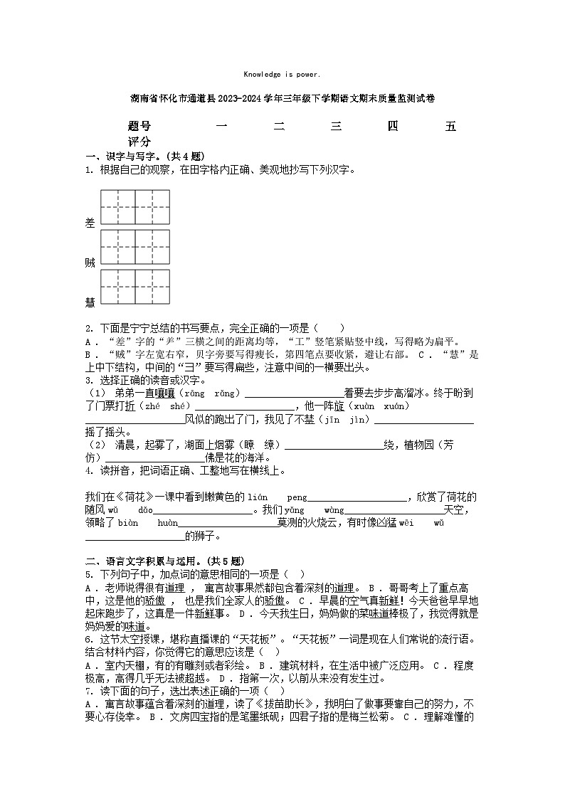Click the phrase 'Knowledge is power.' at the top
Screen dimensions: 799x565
click(x=282, y=74)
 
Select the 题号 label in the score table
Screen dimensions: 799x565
click(x=139, y=127)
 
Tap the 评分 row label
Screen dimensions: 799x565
click(x=139, y=142)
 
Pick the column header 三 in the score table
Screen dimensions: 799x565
click(x=337, y=127)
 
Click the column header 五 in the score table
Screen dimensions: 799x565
click(x=450, y=127)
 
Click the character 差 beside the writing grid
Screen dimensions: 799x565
click(x=90, y=223)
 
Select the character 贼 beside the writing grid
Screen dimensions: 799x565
click(x=90, y=263)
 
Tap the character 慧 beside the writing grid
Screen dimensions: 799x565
click(x=90, y=302)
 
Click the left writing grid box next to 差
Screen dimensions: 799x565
click(x=118, y=207)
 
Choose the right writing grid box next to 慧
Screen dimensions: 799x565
click(x=153, y=287)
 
